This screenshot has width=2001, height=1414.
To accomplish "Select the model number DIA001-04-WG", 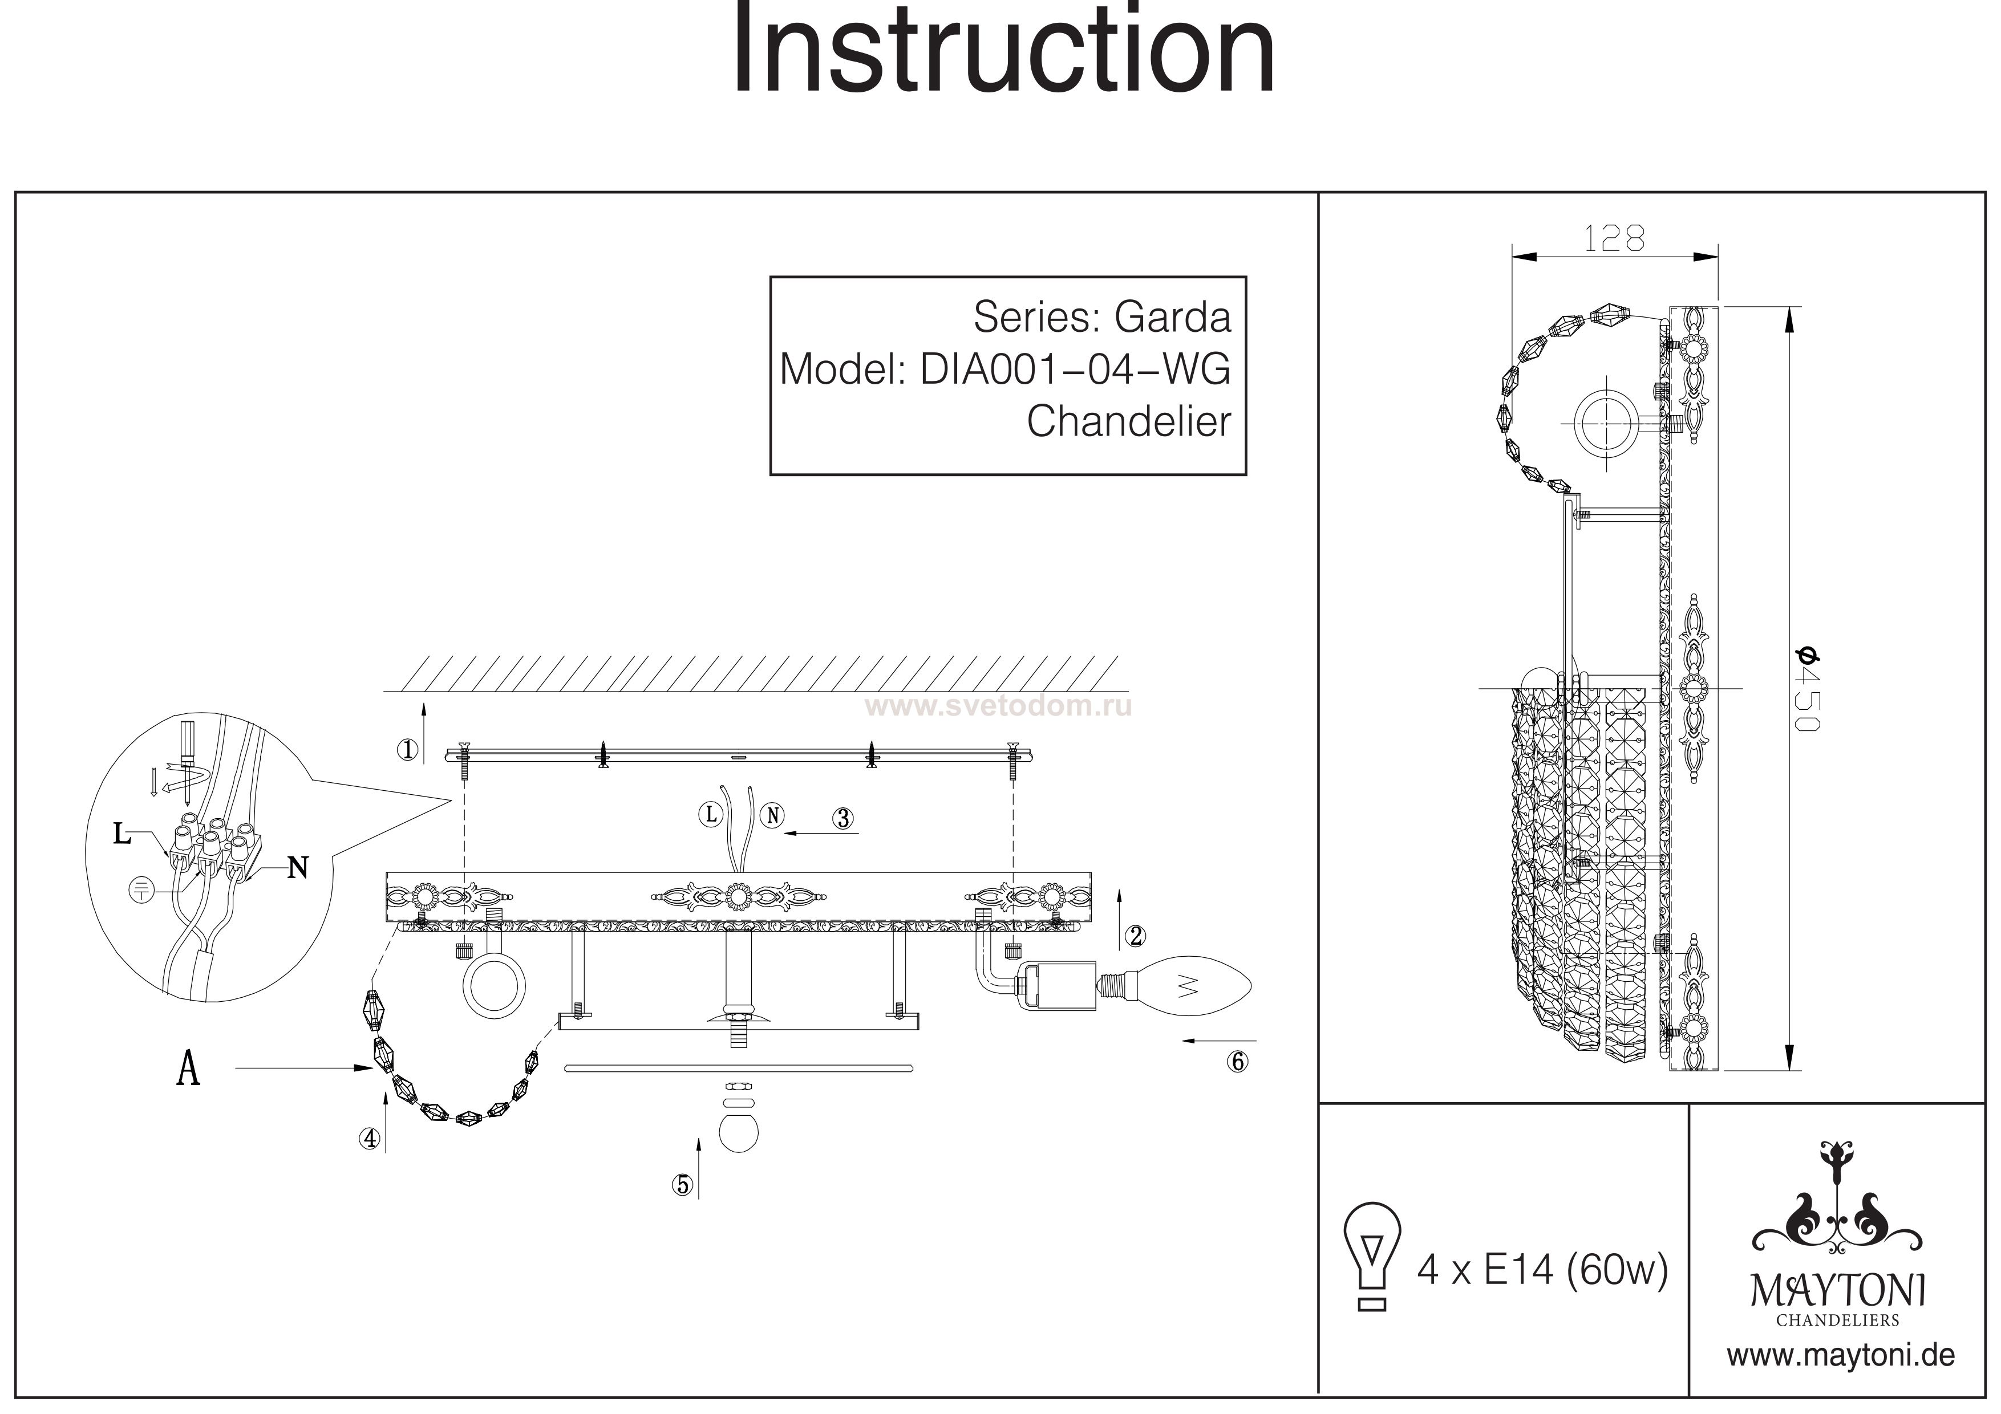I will tap(1075, 369).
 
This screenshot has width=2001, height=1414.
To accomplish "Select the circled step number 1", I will tap(407, 749).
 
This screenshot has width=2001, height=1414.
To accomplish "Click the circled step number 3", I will tap(842, 818).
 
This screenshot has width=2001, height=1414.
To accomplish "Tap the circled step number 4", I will tap(370, 1138).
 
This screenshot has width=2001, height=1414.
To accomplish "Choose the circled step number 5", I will tap(682, 1184).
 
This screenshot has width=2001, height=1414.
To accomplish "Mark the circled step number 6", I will tap(1238, 1061).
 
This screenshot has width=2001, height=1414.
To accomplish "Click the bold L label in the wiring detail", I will tap(122, 835).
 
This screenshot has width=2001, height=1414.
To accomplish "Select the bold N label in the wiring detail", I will tap(297, 868).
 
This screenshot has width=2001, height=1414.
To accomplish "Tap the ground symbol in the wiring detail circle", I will tap(140, 889).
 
